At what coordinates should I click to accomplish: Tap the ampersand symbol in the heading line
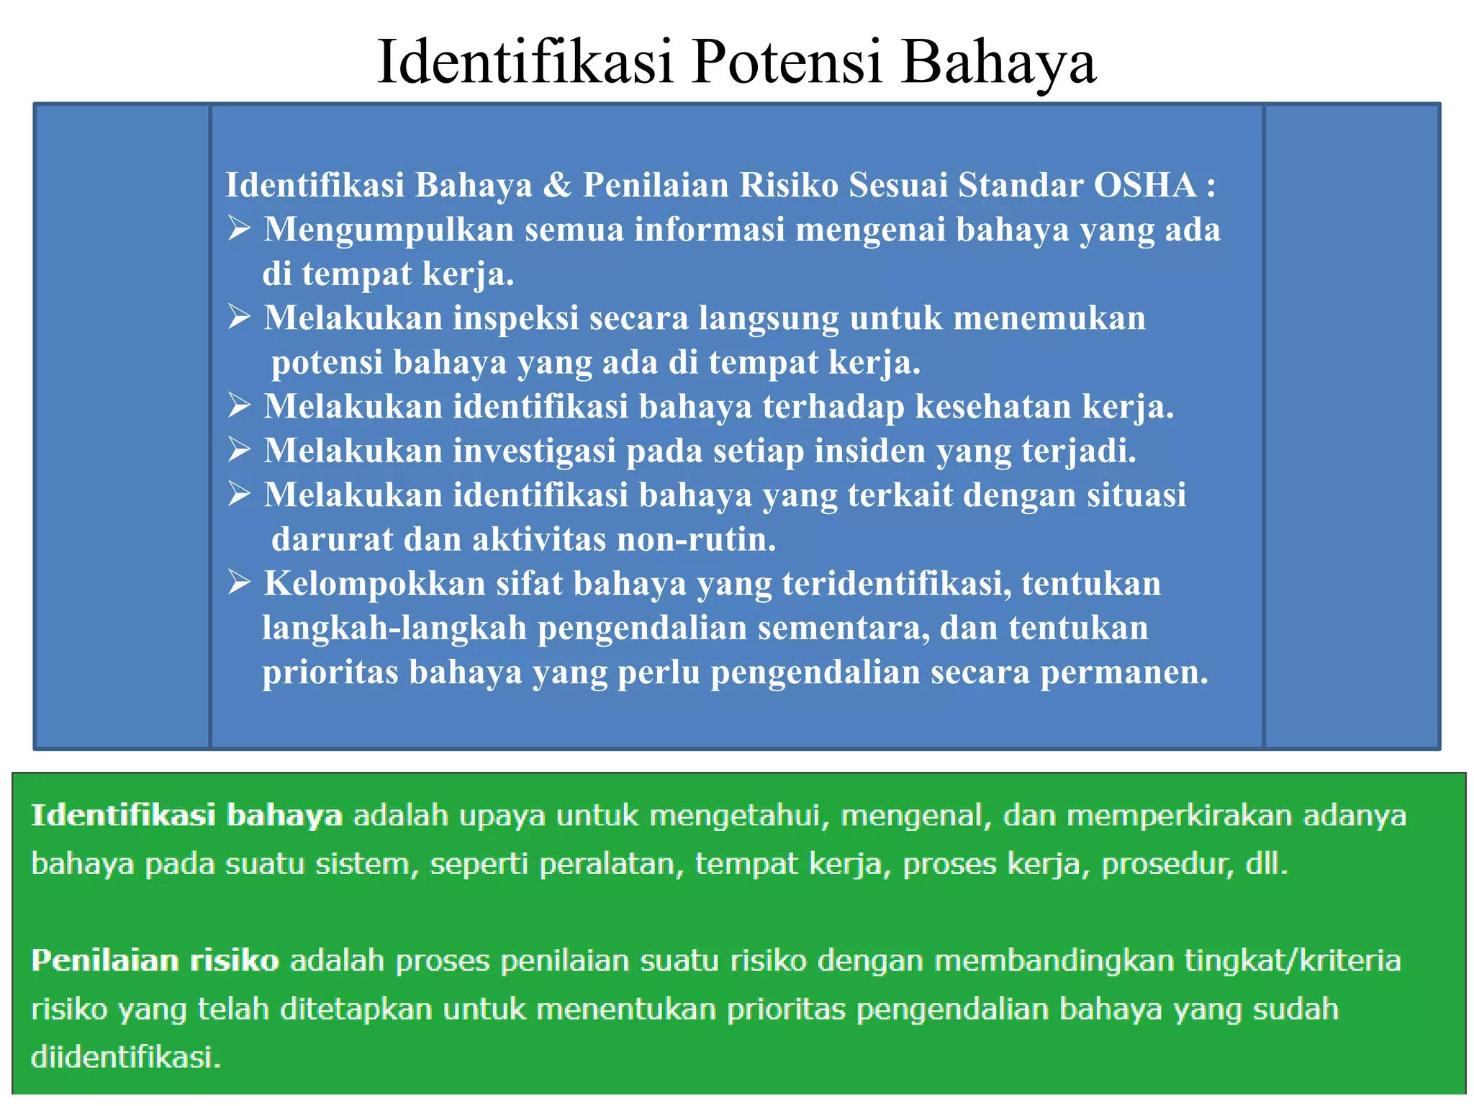click(x=557, y=185)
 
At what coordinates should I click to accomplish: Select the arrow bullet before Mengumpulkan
click(x=239, y=229)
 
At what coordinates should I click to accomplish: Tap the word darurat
click(x=332, y=540)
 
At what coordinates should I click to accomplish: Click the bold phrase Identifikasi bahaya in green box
click(x=186, y=816)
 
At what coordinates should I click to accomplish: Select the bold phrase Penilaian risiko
click(x=155, y=961)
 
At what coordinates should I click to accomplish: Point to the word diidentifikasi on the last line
click(x=125, y=1057)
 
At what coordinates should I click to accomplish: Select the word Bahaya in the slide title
click(x=999, y=62)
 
